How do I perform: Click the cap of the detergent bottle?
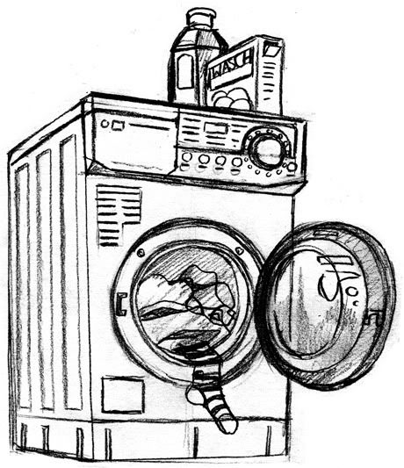click(200, 17)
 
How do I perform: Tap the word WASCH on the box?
click(231, 66)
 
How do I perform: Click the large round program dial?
click(267, 150)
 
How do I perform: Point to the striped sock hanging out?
click(213, 396)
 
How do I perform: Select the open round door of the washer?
click(326, 305)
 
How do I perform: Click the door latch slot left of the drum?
click(121, 304)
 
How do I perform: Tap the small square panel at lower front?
click(123, 394)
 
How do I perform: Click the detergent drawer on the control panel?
click(134, 140)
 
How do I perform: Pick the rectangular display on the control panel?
click(215, 128)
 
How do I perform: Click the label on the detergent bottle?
click(184, 72)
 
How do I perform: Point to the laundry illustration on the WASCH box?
click(233, 98)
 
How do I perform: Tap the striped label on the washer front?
click(119, 215)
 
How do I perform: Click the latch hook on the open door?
click(375, 319)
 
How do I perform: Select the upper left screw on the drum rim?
click(141, 253)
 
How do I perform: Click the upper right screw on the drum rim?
click(238, 250)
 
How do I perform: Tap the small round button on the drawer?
click(105, 123)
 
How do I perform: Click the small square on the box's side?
click(272, 49)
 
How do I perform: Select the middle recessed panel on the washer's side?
click(45, 281)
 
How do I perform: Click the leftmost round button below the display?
click(186, 157)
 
